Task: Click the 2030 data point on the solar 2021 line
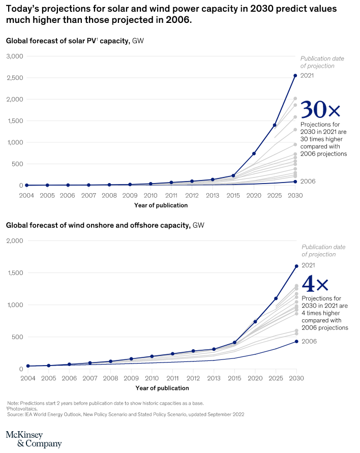coord(295,76)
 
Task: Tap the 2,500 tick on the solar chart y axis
coord(15,78)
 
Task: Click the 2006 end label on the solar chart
coord(308,182)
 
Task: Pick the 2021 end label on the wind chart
coord(309,265)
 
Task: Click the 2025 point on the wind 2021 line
coord(276,298)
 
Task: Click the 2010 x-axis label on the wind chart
coord(152,379)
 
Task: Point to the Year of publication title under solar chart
coord(161,205)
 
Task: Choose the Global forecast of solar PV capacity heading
coord(68,40)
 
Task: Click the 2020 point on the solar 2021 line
coord(254,154)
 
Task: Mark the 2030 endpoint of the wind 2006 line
coord(296,342)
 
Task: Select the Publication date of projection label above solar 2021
coord(322,62)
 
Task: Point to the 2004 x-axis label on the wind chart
coord(28,379)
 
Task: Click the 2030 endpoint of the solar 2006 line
coord(295,182)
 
